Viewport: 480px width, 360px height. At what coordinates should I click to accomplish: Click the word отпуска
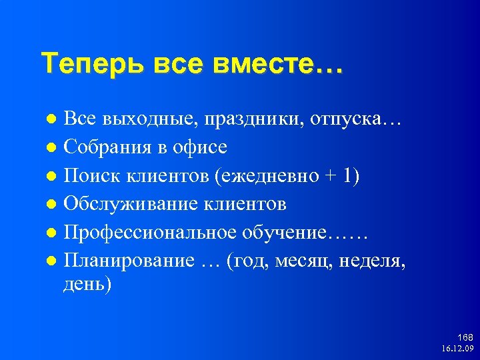pyautogui.click(x=350, y=119)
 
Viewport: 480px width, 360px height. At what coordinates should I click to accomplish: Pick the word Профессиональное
pyautogui.click(x=151, y=233)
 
